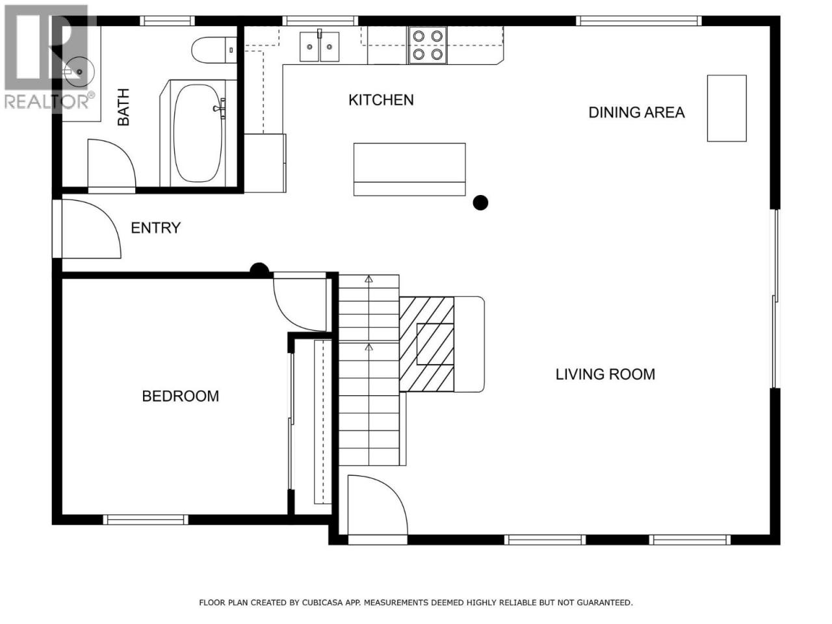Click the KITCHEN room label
[380, 100]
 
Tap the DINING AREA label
[636, 112]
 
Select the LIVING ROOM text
[605, 374]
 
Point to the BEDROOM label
[181, 396]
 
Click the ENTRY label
[156, 227]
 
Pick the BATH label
[123, 107]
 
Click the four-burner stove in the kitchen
[428, 45]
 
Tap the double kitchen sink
[319, 47]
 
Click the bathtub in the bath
[198, 133]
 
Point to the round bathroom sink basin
[79, 71]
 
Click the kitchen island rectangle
[409, 170]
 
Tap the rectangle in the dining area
[727, 109]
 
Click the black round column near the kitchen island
[480, 203]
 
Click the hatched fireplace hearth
[426, 344]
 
